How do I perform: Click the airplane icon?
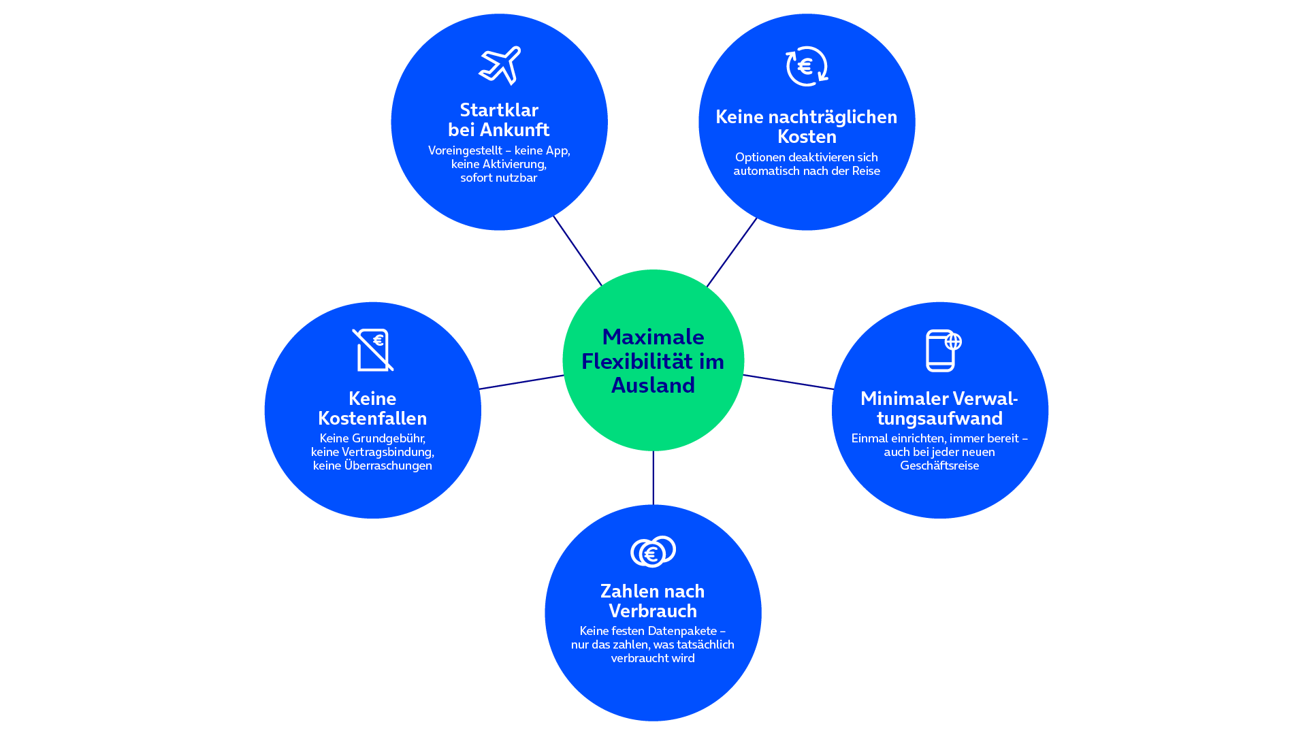tap(500, 65)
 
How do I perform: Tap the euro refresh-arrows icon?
tap(807, 66)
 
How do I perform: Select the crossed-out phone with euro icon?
tap(373, 350)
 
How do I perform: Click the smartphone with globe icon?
tap(943, 350)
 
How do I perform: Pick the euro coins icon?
tap(653, 551)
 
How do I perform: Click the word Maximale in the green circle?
tap(653, 337)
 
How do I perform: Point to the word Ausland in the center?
tap(653, 385)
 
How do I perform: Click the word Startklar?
tap(499, 110)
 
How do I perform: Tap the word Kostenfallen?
tap(372, 418)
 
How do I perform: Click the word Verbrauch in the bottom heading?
tap(653, 610)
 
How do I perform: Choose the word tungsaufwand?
tap(939, 418)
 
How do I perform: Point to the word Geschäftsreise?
tap(939, 465)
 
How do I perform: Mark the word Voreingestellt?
tap(465, 150)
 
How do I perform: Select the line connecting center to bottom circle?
tap(653, 478)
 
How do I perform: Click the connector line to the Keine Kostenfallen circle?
tap(521, 382)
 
